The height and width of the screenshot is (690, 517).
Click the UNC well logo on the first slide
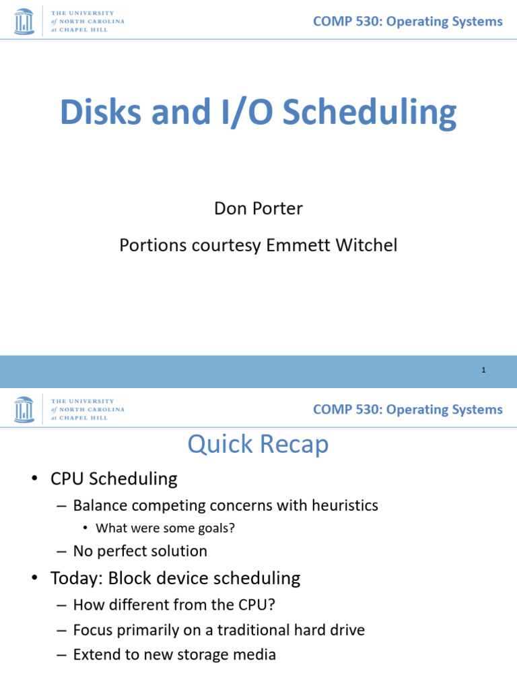coord(24,21)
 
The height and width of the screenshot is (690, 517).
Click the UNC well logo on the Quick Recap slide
coord(24,409)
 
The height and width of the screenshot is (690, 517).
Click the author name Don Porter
coord(258,209)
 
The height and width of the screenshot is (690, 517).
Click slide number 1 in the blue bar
coord(483,370)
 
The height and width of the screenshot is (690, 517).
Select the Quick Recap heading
coord(258,445)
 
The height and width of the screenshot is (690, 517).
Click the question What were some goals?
coord(165,528)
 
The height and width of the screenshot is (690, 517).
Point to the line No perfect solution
coord(140,551)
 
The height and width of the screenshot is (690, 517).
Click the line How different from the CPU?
coord(174,605)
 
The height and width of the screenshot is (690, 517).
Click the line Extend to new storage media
coord(174,654)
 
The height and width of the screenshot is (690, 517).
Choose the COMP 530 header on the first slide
coord(407,22)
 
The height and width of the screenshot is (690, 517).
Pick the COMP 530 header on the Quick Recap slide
coord(407,410)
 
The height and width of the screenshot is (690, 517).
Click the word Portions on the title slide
coord(149,245)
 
